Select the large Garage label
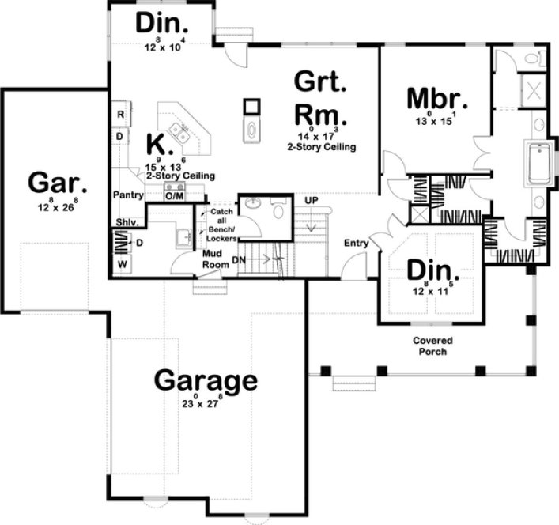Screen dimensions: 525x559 [x=205, y=381]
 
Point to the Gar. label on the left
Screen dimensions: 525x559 [x=54, y=182]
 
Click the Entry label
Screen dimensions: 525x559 [x=356, y=243]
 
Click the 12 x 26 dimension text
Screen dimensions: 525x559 [x=55, y=206]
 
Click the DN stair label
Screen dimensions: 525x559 [x=238, y=259]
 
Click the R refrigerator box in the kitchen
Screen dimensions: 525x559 [x=120, y=115]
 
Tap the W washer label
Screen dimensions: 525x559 [x=123, y=262]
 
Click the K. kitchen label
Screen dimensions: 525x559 [x=157, y=145]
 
